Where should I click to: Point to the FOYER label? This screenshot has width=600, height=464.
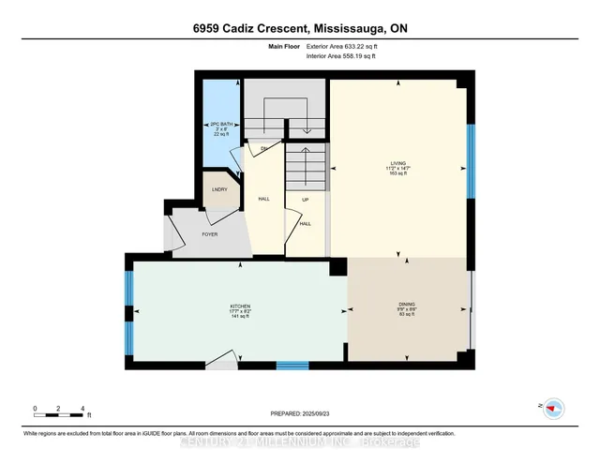coord(208,233)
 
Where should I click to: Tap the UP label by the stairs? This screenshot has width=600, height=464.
coord(306,200)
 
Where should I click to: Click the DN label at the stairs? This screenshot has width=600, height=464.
coord(264,149)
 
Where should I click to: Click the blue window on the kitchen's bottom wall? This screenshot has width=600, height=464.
coord(292,366)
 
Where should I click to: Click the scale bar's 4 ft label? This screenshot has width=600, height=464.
coord(83,410)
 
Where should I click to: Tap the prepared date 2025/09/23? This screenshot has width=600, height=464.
coord(302,413)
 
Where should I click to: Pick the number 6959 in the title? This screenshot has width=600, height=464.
coord(201,28)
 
